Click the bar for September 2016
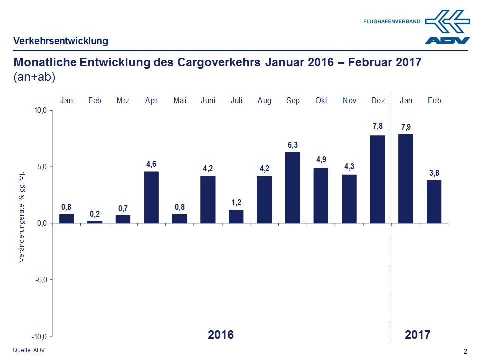(x=293, y=187)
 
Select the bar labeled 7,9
(x=406, y=178)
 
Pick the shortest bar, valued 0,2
(x=95, y=222)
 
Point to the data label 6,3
(x=293, y=145)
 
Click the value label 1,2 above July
(x=236, y=203)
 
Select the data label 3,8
(x=434, y=173)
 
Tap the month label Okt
(x=321, y=101)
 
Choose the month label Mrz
(x=123, y=101)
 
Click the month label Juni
(x=208, y=101)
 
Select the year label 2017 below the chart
(x=417, y=335)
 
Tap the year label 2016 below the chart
(x=220, y=335)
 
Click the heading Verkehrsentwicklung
(x=61, y=41)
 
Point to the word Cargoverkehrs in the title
(x=219, y=63)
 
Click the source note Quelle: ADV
(x=28, y=350)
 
